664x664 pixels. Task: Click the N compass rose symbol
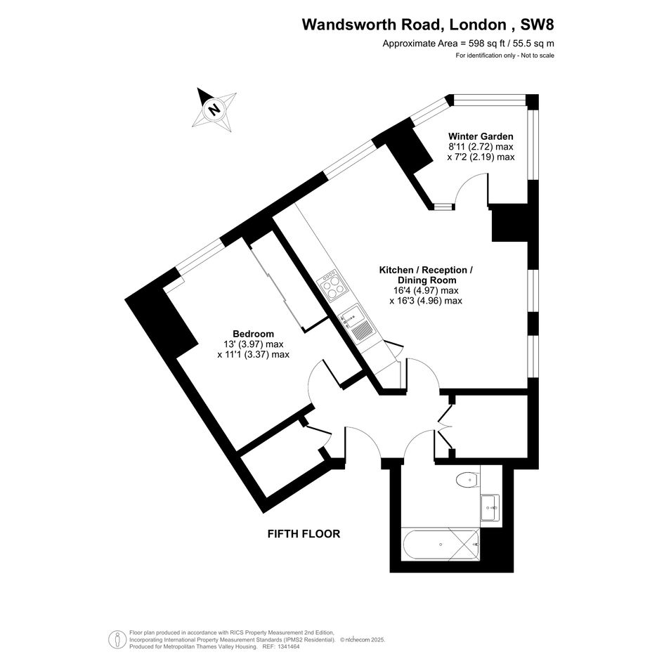point(214,110)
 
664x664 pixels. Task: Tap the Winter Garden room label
point(481,136)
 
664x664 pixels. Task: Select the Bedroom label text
point(253,334)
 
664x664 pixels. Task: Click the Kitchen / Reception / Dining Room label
point(426,275)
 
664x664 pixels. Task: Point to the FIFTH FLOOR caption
point(304,533)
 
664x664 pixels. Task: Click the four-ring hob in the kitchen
point(333,285)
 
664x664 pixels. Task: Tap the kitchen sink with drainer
point(356,325)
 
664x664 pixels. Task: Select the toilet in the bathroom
point(467,480)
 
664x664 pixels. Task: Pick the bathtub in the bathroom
point(441,544)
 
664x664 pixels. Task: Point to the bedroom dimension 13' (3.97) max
point(254,344)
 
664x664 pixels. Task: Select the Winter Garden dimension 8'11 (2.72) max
point(481,147)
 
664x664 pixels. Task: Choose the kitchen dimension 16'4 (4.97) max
point(426,290)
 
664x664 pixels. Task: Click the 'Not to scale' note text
point(538,56)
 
